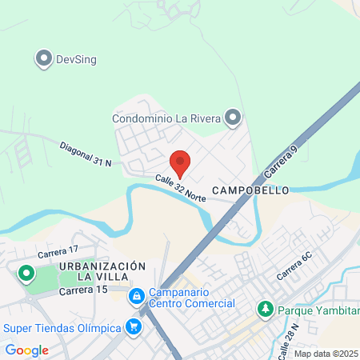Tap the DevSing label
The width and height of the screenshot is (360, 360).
pyautogui.click(x=75, y=58)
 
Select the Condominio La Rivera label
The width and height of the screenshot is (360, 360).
pyautogui.click(x=166, y=119)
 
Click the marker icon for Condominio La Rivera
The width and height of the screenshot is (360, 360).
pyautogui.click(x=233, y=119)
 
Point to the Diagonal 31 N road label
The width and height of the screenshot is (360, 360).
pyautogui.click(x=85, y=153)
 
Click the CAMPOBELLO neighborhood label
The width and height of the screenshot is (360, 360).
pyautogui.click(x=243, y=191)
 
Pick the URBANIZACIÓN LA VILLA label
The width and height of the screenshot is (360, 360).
pyautogui.click(x=102, y=270)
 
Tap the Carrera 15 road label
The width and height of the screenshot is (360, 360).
pyautogui.click(x=83, y=290)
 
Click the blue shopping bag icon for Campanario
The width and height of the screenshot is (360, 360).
pyautogui.click(x=138, y=296)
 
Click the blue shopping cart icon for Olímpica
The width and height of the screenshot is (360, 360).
pyautogui.click(x=133, y=326)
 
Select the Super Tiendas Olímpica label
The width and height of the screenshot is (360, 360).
pyautogui.click(x=62, y=327)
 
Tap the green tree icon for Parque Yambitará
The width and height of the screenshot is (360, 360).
pyautogui.click(x=264, y=308)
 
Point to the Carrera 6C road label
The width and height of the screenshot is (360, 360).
pyautogui.click(x=294, y=266)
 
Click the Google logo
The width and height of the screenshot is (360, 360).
pyautogui.click(x=26, y=350)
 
